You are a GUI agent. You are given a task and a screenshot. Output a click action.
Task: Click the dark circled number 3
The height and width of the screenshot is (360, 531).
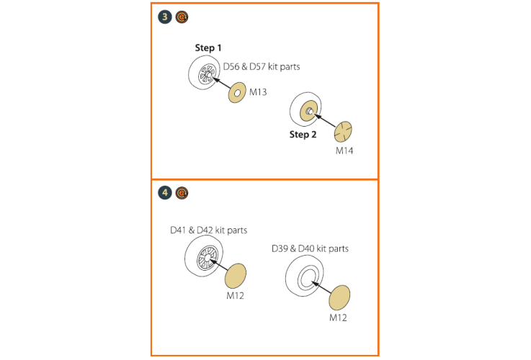[x=165, y=17]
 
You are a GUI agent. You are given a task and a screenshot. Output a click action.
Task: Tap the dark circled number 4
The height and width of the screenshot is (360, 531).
[x=165, y=193]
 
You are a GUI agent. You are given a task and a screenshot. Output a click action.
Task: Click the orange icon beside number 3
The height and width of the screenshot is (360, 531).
[x=182, y=17]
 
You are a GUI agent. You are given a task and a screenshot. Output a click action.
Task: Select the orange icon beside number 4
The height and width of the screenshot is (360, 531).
[x=182, y=193]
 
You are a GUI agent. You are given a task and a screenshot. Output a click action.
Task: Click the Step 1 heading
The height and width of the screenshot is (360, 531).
[x=208, y=48]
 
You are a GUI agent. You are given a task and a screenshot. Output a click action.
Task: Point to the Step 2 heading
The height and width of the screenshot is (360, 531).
[x=303, y=135]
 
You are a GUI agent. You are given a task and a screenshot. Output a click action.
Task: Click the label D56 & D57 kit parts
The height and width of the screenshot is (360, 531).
[x=262, y=67]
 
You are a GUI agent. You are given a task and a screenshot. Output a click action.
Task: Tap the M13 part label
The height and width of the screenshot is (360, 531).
[x=258, y=92]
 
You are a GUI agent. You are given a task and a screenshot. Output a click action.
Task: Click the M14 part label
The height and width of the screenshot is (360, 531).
[x=344, y=150]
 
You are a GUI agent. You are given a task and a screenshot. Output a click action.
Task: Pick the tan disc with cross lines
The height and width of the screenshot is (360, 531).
[x=343, y=132]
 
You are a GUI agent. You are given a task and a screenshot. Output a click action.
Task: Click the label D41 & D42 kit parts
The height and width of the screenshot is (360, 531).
[x=209, y=230]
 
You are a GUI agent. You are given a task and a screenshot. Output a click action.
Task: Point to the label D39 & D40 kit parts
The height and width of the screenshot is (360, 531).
[x=311, y=248]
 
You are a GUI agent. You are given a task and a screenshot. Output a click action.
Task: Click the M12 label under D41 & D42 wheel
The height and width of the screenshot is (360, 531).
[x=235, y=296]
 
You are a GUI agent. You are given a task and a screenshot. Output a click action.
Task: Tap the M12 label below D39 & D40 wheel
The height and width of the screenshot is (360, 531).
[x=338, y=318]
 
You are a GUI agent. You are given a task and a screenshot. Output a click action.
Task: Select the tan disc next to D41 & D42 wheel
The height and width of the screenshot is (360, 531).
[x=236, y=275]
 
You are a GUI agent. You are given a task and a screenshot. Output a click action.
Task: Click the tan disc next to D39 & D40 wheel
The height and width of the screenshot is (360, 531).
[x=339, y=297]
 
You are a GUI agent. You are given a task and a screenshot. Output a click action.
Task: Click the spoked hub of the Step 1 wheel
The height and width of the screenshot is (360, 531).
[x=206, y=73]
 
